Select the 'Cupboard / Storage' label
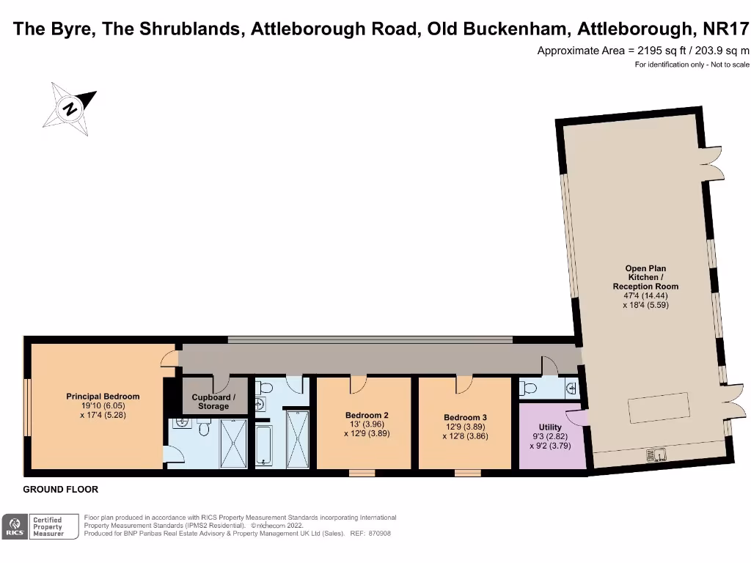213,402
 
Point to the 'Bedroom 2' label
367,415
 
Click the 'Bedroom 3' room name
465,418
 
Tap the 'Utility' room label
550,427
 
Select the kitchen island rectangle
657,407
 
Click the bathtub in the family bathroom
264,446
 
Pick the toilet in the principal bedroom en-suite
205,427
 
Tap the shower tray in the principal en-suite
234,443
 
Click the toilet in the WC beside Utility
530,388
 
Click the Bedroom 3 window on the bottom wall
467,473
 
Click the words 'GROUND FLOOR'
61,490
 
